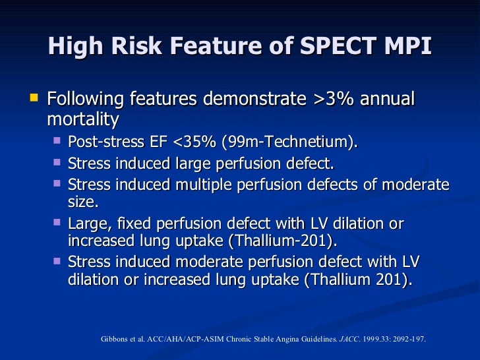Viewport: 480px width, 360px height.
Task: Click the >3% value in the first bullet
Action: point(330,100)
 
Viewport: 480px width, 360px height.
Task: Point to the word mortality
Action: point(83,119)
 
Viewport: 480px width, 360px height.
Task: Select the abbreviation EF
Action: point(158,143)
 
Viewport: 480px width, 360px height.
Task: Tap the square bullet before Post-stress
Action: point(57,141)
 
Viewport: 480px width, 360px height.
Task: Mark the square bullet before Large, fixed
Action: point(57,223)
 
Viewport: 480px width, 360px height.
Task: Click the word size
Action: point(82,201)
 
